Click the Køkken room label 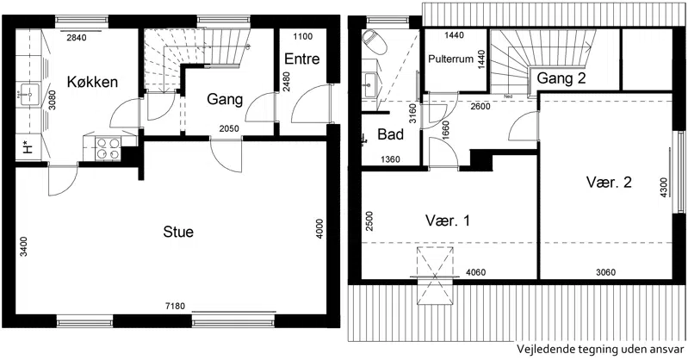[x=92, y=82]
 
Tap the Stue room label [x=178, y=232]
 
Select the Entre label [x=302, y=59]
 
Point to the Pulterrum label [x=450, y=59]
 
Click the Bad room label [x=391, y=133]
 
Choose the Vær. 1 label [x=448, y=220]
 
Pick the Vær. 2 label [x=609, y=182]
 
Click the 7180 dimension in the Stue [x=175, y=306]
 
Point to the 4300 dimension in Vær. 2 [x=663, y=188]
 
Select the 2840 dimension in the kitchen [x=77, y=38]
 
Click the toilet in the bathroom [x=374, y=40]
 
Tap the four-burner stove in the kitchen [x=108, y=148]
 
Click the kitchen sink [x=28, y=95]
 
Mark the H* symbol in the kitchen [x=28, y=148]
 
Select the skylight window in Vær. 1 [x=434, y=276]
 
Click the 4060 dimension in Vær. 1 [x=475, y=273]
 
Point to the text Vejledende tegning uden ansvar [x=600, y=350]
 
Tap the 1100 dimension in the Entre [x=303, y=37]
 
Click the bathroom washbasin [x=371, y=84]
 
